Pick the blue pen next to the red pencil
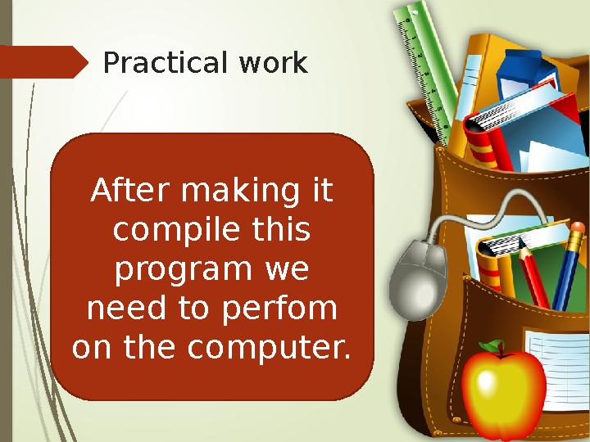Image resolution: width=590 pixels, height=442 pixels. pyautogui.click(x=567, y=270)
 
